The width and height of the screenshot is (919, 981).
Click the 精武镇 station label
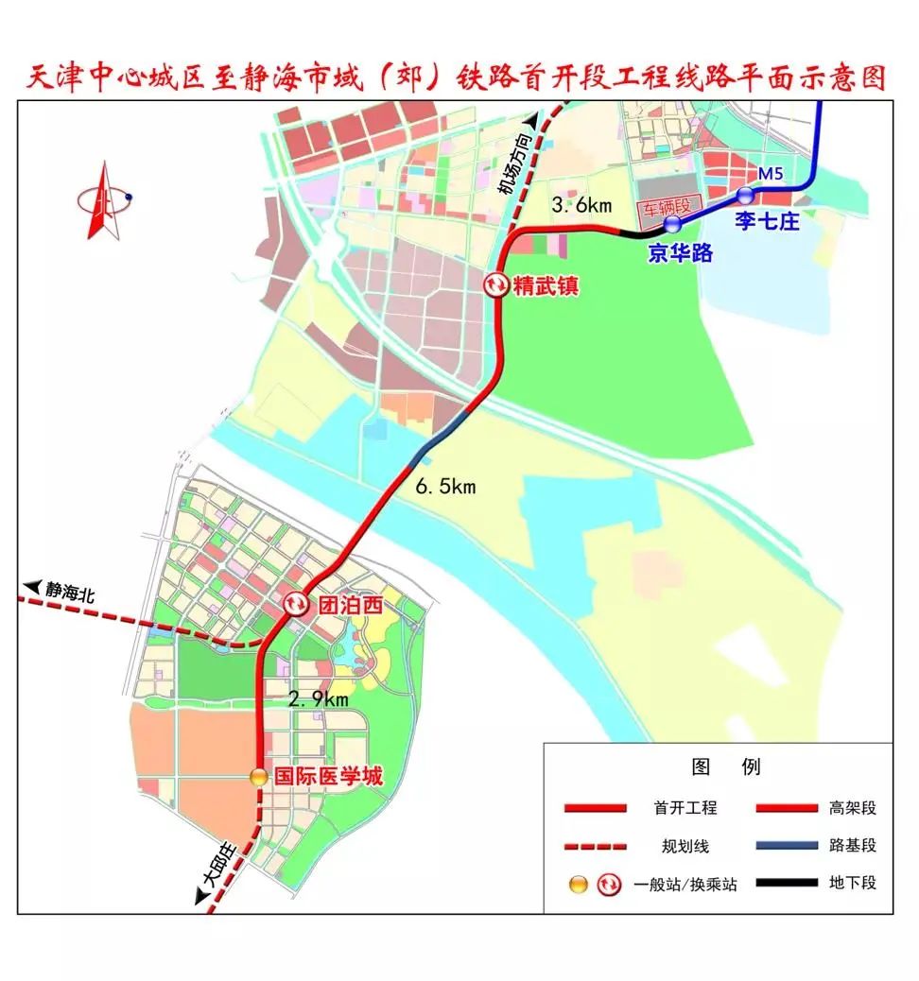pos(546,284)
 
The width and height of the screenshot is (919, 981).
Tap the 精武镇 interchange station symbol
pos(495,284)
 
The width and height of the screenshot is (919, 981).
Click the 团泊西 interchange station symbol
pos(296,603)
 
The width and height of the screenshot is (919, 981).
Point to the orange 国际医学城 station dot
pos(258,777)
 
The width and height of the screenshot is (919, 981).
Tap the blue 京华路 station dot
pos(672,224)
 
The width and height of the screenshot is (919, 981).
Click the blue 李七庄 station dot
pos(746,196)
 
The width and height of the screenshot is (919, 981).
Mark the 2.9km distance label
pos(319,698)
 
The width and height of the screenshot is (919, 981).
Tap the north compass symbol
pos(103,200)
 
